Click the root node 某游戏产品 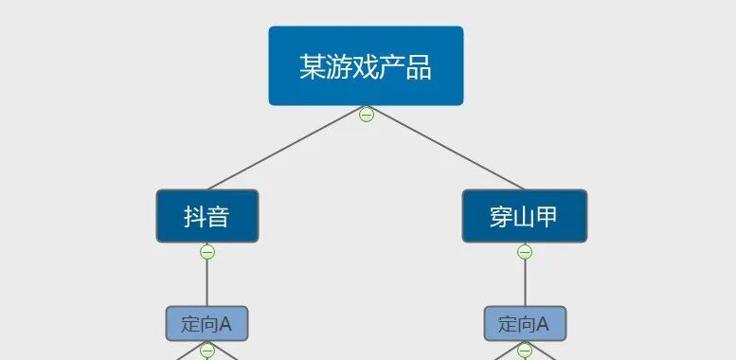(366, 65)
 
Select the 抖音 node (206, 216)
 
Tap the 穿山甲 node (524, 216)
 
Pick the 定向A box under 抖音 (206, 323)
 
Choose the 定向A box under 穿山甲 (524, 323)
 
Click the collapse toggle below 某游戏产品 (366, 115)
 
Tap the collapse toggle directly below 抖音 (207, 252)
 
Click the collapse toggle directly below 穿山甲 (525, 252)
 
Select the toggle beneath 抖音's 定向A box (207, 351)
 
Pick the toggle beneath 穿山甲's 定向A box (525, 351)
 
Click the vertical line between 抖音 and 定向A (207, 282)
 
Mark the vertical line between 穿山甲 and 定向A (525, 282)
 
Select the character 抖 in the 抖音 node (194, 217)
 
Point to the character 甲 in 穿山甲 (547, 217)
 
